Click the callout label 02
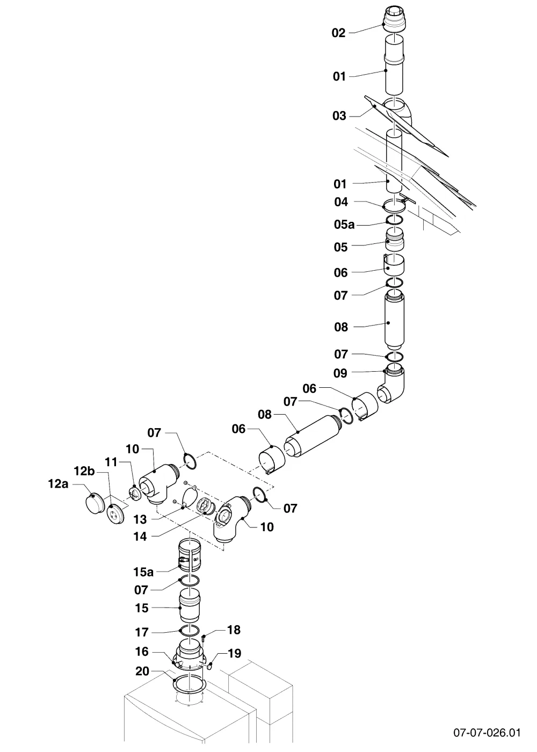338,33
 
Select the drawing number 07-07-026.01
487,732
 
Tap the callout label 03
339,116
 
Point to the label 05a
344,225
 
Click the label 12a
58,484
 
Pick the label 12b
84,471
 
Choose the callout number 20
142,671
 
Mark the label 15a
143,572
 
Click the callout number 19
234,653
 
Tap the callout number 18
234,630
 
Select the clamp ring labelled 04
395,205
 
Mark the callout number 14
140,537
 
